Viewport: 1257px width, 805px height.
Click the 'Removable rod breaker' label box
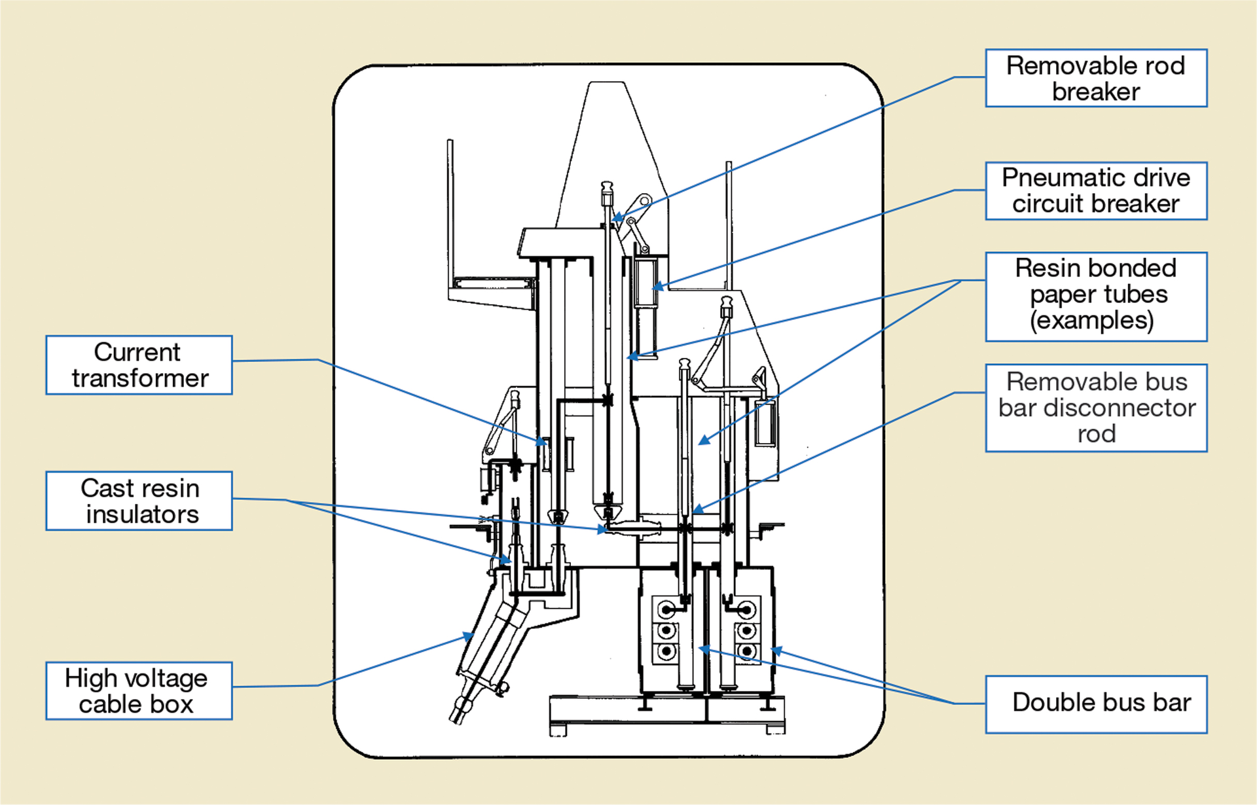point(1096,78)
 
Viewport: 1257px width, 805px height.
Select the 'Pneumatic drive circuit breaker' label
point(1096,190)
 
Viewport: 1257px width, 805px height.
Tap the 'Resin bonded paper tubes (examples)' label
point(1096,296)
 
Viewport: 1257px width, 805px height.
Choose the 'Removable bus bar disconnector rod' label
point(1096,407)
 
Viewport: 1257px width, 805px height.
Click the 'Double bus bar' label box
point(1096,704)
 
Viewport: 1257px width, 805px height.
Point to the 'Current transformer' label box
point(139,365)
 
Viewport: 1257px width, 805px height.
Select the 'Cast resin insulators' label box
point(139,501)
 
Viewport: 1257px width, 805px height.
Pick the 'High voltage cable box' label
point(139,690)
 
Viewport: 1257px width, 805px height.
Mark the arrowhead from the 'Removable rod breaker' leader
point(617,218)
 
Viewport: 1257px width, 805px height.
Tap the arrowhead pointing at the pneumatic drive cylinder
point(657,287)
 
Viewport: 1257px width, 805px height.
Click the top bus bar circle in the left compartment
point(666,610)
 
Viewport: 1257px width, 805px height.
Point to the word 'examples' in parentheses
point(1091,321)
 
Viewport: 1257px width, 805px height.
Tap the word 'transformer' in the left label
point(140,378)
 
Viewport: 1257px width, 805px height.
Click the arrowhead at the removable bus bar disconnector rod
point(697,509)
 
